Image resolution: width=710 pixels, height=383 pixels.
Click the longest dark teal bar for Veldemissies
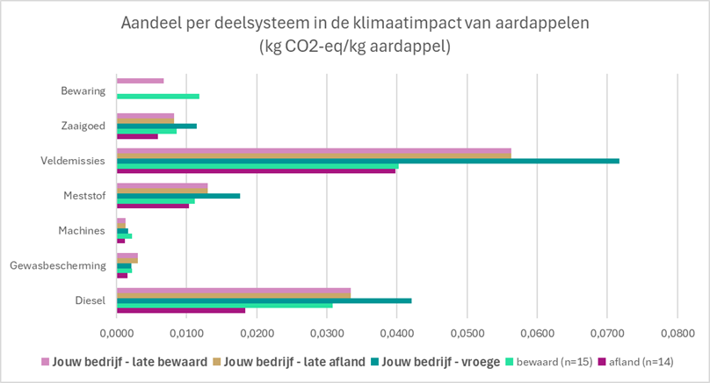click(368, 161)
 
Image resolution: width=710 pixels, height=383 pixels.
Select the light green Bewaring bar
click(158, 97)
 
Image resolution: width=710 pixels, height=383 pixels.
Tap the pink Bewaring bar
click(141, 81)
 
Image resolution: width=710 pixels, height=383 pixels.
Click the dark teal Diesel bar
click(264, 300)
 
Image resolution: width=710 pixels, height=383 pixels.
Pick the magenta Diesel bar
click(181, 311)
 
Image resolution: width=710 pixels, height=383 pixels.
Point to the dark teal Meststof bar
click(178, 196)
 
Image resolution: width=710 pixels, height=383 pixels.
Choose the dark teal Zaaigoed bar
click(156, 126)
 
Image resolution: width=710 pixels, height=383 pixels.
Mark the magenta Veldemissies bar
click(257, 171)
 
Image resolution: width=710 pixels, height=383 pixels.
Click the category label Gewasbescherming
click(58, 266)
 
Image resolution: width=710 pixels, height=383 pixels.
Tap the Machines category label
click(82, 230)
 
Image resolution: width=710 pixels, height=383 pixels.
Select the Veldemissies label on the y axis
click(73, 161)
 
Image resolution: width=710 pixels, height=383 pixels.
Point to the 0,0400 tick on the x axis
click(396, 334)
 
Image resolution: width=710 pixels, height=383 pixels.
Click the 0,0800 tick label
click(677, 334)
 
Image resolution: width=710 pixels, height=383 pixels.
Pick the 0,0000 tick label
click(116, 334)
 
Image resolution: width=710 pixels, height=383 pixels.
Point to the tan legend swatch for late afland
click(216, 362)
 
